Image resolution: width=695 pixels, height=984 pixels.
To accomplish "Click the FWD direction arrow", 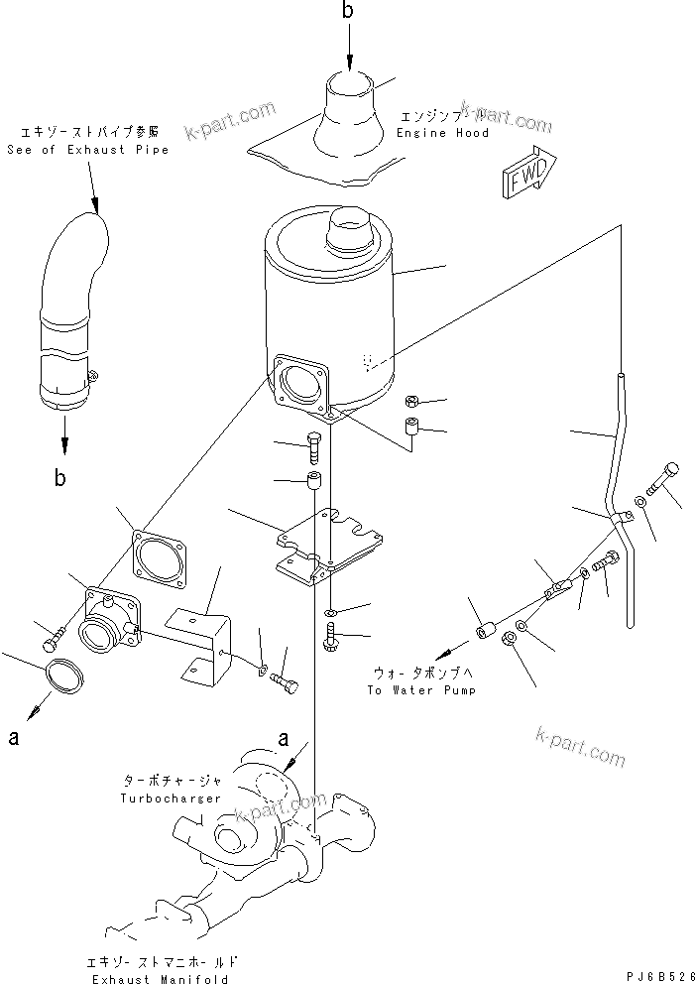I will click(x=522, y=169).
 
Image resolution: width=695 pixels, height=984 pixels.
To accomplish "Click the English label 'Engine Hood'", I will click(x=442, y=133).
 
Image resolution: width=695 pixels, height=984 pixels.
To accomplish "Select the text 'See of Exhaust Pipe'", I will click(x=87, y=150).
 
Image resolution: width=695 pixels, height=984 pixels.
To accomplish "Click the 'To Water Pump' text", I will click(x=420, y=689).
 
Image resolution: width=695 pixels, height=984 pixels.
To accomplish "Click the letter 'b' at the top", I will click(x=348, y=12).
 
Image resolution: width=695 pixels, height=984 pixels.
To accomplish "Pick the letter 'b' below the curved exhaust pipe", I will click(x=61, y=478).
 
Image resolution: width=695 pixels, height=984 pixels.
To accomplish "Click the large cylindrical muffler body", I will click(x=332, y=307).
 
